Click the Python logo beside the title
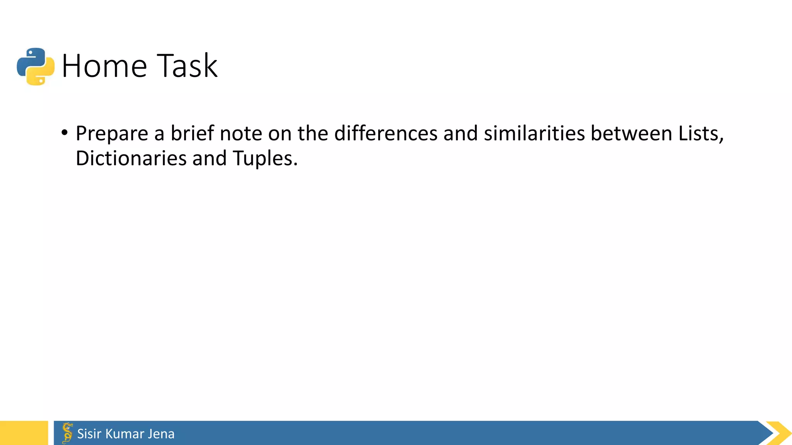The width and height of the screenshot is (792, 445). click(36, 66)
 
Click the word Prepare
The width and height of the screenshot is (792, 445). click(112, 134)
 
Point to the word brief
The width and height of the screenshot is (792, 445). click(192, 133)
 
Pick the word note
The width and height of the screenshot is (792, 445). click(241, 133)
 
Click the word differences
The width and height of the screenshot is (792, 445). click(386, 133)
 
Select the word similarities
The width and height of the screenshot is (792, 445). click(534, 133)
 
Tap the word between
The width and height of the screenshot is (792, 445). click(632, 133)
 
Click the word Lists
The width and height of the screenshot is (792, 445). click(700, 133)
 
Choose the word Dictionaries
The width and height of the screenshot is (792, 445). click(131, 158)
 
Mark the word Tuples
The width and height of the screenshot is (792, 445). click(265, 158)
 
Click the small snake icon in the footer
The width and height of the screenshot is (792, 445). click(67, 433)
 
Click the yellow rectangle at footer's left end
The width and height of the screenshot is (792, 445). click(24, 433)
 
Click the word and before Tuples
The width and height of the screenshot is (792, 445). click(209, 158)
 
